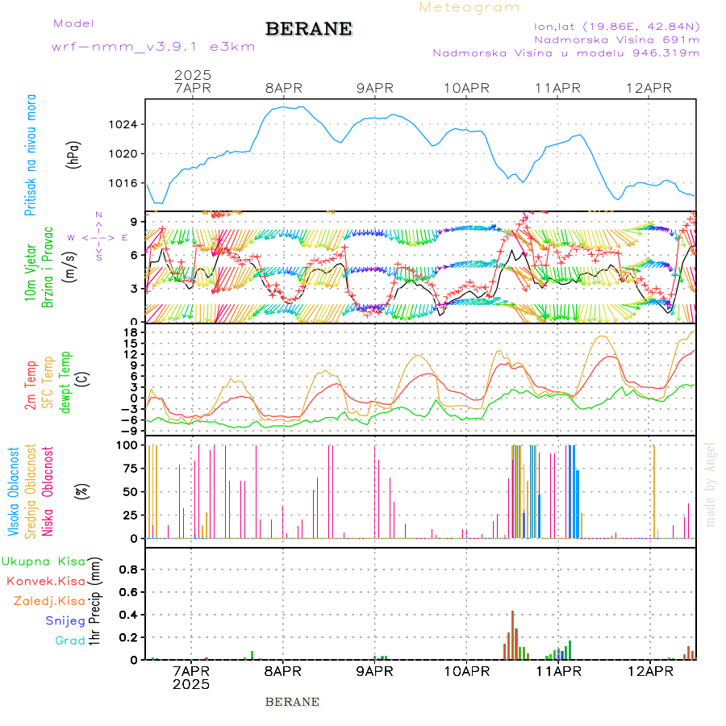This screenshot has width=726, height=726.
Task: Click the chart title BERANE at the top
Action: tap(308, 29)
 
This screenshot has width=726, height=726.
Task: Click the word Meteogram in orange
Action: tap(469, 7)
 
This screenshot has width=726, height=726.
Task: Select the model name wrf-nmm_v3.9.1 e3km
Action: tap(153, 47)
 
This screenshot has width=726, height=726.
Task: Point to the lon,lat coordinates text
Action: tap(611, 26)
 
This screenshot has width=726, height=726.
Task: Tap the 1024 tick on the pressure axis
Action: tap(124, 124)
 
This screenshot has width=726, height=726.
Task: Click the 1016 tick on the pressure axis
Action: tap(124, 182)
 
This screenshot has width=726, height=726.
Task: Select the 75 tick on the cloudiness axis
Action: tap(128, 468)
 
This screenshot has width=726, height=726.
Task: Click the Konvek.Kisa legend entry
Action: tap(45, 581)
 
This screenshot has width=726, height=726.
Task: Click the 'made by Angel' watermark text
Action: tap(711, 484)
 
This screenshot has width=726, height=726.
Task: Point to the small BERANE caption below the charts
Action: tap(292, 702)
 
